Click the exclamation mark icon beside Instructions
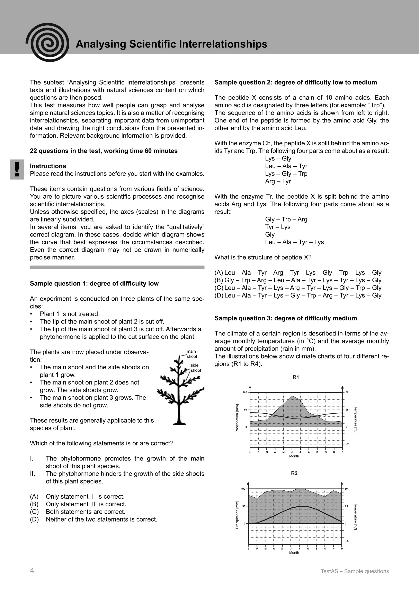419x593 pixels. tap(17, 169)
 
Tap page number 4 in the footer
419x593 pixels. tap(32, 570)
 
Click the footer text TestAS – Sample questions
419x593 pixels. tap(355, 571)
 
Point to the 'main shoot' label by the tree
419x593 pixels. tap(192, 354)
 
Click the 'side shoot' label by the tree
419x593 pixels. tap(195, 368)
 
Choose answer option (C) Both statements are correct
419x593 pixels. tap(85, 512)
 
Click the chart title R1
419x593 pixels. tap(296, 377)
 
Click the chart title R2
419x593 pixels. tap(294, 473)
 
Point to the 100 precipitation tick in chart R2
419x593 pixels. tap(243, 489)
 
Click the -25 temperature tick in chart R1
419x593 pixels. tap(347, 444)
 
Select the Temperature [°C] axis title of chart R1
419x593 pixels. tap(355, 420)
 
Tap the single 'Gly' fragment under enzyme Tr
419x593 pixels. tap(270, 234)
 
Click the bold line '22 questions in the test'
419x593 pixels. tap(104, 151)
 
